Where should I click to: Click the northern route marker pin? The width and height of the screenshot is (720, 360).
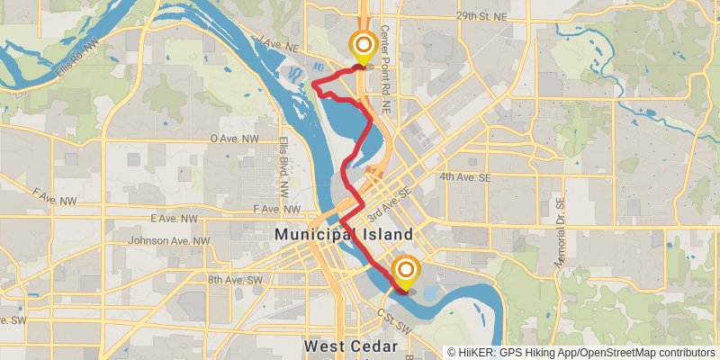[364, 46]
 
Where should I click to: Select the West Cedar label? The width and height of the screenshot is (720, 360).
[349, 346]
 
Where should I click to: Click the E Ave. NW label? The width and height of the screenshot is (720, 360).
[175, 219]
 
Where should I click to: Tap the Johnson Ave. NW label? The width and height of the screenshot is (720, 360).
[168, 240]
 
